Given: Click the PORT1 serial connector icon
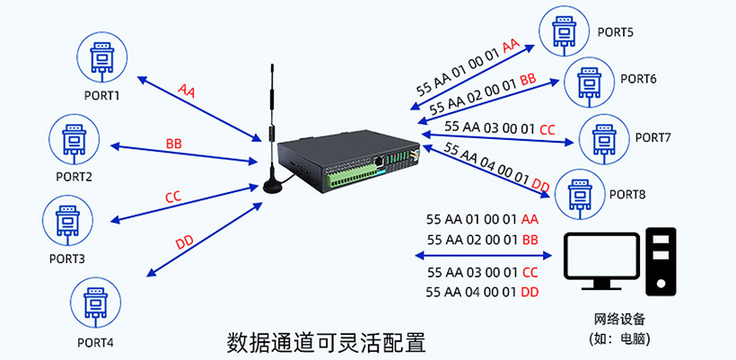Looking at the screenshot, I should [x=101, y=56].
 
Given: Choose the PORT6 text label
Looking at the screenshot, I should [x=638, y=79].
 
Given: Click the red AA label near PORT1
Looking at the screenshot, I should [x=187, y=91].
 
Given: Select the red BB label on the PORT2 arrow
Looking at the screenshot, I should [x=174, y=144].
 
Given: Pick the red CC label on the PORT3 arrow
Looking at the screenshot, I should [x=173, y=197].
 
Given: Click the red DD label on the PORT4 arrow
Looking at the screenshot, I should [x=184, y=242].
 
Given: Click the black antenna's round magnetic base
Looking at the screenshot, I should [x=272, y=187].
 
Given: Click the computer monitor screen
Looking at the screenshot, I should [x=600, y=258].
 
